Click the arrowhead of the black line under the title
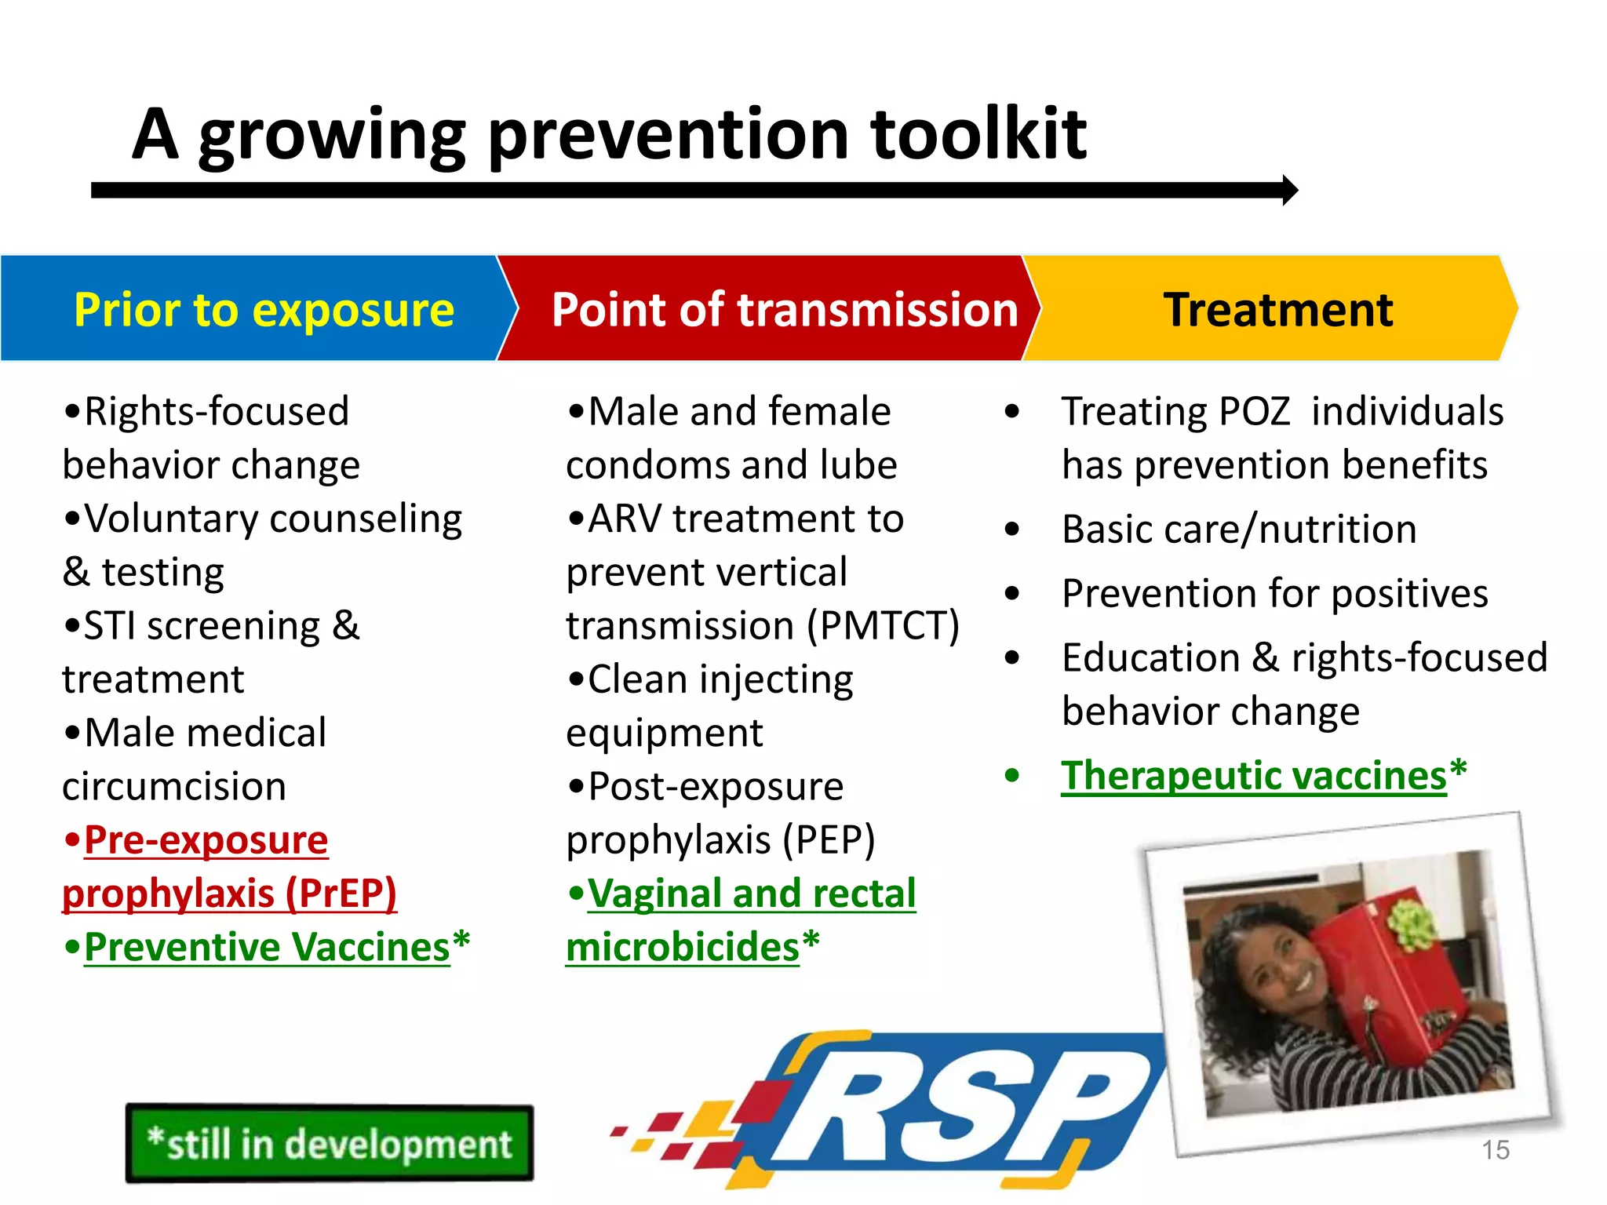(1288, 191)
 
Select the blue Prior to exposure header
(264, 309)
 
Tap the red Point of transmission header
(784, 309)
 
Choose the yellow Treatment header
(1277, 309)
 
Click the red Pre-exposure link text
(206, 840)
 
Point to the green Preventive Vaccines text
(267, 947)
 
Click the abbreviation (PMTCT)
(884, 626)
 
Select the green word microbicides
(682, 947)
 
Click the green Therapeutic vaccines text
(1253, 776)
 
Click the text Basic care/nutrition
(1239, 530)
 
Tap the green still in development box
(330, 1143)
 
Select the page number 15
(1495, 1150)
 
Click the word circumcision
(174, 787)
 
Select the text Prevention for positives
(1274, 594)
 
